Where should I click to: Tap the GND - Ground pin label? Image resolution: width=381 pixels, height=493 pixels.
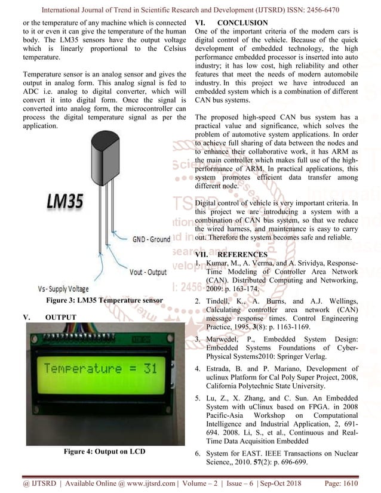tap(151, 239)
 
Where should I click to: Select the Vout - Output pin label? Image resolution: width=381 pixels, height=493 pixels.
tap(148, 272)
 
